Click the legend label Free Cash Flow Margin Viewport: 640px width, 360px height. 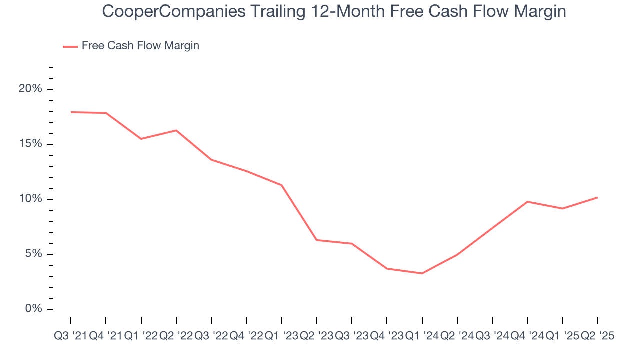pos(140,46)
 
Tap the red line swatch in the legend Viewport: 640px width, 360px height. pos(70,46)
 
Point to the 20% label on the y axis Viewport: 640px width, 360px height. pos(30,89)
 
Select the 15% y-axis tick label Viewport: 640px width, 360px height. pos(30,144)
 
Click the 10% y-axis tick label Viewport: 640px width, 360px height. pos(30,199)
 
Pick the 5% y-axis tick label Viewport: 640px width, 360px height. pos(33,254)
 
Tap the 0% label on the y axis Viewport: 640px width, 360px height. pos(33,309)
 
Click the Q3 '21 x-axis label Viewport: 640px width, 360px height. pos(70,336)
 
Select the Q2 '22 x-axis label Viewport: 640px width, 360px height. pos(176,336)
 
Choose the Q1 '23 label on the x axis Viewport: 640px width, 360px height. pos(282,336)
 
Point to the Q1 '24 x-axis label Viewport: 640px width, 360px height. pos(422,336)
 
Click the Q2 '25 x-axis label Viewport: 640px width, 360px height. pos(597,336)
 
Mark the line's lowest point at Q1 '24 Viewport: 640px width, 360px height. pos(422,273)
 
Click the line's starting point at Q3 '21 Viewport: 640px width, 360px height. pos(71,112)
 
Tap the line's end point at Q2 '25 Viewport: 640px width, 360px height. pos(598,197)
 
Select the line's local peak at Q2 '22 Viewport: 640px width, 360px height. pos(176,130)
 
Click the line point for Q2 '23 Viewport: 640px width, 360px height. pos(317,240)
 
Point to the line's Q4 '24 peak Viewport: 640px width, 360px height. pos(528,202)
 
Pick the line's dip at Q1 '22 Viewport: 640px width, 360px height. pos(141,139)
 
